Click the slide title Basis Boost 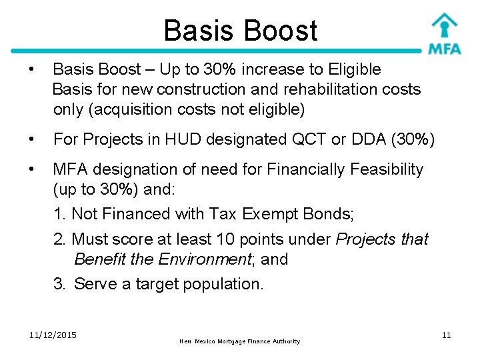(240, 31)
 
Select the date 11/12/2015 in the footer (53, 335)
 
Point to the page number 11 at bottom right (446, 335)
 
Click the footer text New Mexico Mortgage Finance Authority (240, 341)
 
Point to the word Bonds (331, 214)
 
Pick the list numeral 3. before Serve (59, 284)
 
